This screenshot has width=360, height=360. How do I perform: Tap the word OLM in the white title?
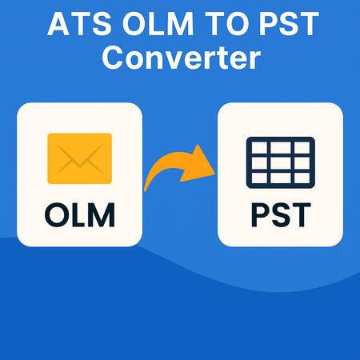(155, 24)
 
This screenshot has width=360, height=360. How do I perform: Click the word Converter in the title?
(179, 58)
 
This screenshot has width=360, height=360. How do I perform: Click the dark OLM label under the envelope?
(79, 214)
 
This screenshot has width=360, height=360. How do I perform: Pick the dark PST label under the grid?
(280, 214)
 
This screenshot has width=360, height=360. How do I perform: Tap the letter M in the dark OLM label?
(103, 214)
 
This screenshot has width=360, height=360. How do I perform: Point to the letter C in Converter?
(115, 58)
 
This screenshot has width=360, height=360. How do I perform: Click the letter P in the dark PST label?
(257, 214)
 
